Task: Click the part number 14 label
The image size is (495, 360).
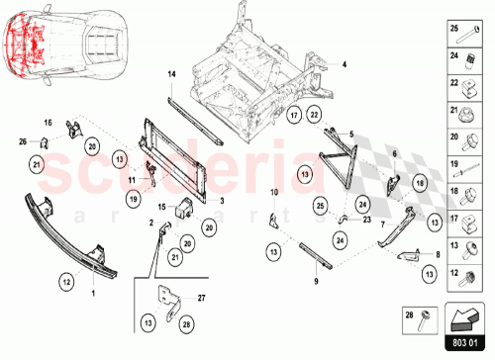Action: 170,75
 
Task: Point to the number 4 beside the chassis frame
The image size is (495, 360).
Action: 346,64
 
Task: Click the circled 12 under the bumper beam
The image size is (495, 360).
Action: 65,282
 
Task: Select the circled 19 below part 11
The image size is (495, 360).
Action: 132,198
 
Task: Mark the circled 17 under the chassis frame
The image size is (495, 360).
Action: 293,116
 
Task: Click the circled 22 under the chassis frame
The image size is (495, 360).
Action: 314,116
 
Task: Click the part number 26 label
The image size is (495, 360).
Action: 23,141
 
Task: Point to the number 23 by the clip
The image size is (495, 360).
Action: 367,221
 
